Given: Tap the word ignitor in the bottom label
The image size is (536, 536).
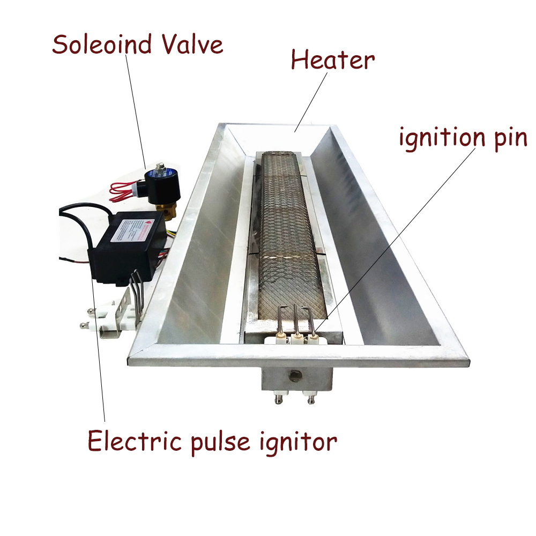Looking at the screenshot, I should pyautogui.click(x=302, y=443).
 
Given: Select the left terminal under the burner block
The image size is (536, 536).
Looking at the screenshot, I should pyautogui.click(x=280, y=398).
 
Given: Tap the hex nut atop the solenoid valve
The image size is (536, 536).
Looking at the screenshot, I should pyautogui.click(x=159, y=168).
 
